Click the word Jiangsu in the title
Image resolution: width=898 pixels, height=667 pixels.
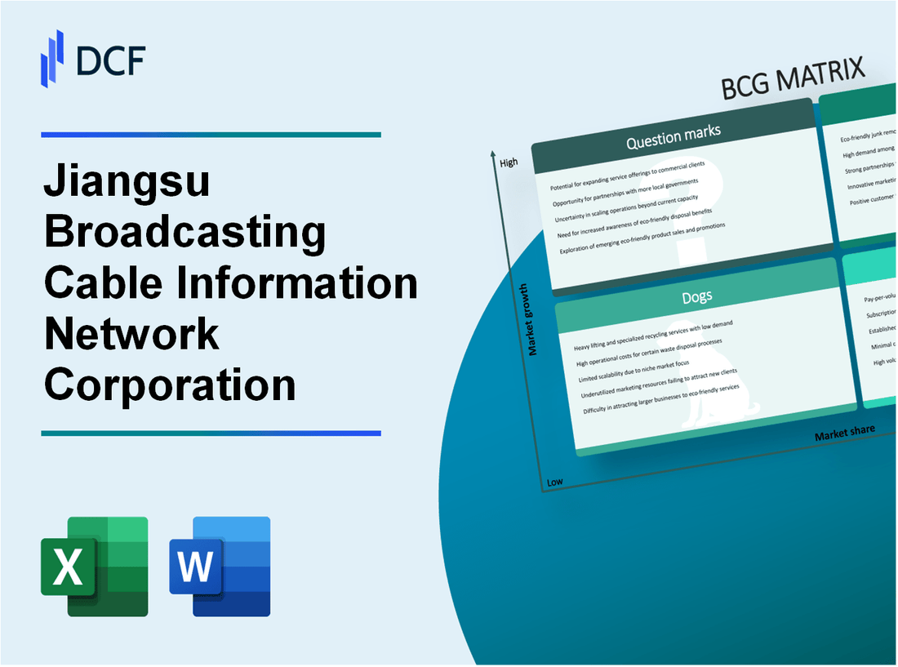[127, 185]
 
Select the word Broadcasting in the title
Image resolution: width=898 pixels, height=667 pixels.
[185, 233]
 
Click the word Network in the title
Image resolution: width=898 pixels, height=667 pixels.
[131, 333]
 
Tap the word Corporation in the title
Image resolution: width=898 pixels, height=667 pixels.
[170, 383]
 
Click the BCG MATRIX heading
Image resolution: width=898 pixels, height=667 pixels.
[793, 80]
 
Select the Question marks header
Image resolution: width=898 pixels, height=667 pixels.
[673, 139]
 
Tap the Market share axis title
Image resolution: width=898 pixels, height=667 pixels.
[844, 432]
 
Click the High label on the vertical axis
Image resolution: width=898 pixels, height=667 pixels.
[509, 162]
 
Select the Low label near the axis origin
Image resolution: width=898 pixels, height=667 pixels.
[554, 482]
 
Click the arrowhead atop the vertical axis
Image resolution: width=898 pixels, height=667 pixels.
[493, 153]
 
